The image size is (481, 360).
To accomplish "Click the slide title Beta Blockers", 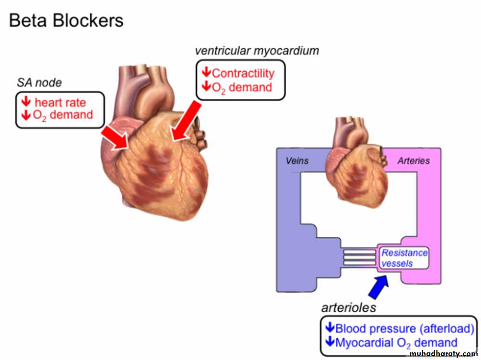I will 66,21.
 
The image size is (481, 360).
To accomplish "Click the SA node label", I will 40,83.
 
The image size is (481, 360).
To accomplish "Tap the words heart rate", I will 60,103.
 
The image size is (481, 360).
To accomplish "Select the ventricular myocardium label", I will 257,51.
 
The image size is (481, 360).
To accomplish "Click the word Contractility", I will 243,73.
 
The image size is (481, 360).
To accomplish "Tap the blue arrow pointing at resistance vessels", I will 379,287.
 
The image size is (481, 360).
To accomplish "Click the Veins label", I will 297,161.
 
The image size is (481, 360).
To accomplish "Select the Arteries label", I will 414,161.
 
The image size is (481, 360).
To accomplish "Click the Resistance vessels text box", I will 404,258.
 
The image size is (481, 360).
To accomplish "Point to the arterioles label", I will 348,308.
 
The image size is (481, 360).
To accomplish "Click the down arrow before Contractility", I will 206,73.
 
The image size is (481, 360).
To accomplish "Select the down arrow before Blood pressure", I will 330,328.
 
